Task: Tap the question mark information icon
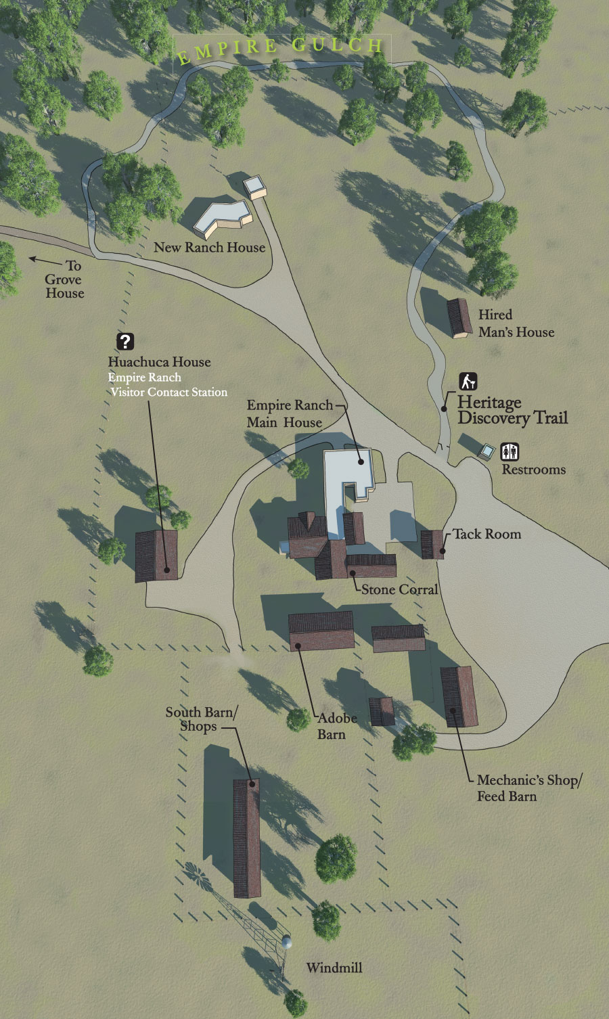[125, 342]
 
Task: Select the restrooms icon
[510, 451]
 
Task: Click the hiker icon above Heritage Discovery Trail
[468, 382]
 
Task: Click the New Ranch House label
[209, 248]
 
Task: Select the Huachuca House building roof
[156, 556]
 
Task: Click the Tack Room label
[487, 534]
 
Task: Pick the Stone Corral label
[399, 589]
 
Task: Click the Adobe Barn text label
[336, 726]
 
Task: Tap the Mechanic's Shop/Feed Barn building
[459, 697]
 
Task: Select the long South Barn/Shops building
[246, 838]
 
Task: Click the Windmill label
[334, 968]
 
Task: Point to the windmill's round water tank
[287, 942]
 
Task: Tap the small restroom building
[487, 451]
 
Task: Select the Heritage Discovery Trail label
[512, 410]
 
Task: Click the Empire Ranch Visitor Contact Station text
[168, 385]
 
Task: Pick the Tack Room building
[432, 544]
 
